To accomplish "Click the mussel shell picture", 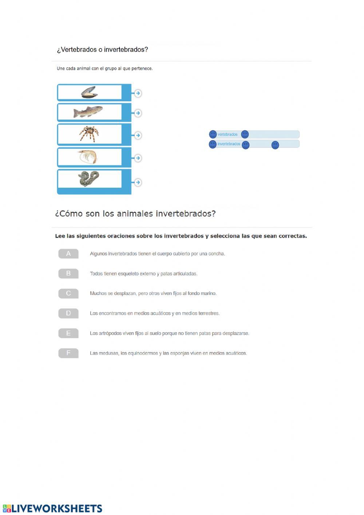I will (89, 93).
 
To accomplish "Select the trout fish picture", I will (88, 112).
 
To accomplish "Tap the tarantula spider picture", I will (89, 134).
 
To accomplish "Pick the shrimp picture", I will (88, 157).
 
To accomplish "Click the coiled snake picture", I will (88, 179).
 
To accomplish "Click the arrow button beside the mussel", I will (138, 93).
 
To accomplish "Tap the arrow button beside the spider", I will (138, 135).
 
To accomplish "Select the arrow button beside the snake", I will (138, 182).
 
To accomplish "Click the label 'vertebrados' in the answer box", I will (227, 134).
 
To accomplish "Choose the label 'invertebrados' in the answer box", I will (229, 144).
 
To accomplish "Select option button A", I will (68, 254).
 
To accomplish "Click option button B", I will (68, 273).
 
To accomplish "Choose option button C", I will (68, 293).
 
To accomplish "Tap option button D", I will (68, 313).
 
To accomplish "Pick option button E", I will (68, 333).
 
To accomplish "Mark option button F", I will (68, 353).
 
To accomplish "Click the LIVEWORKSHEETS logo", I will (53, 508).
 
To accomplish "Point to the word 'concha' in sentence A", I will (217, 254).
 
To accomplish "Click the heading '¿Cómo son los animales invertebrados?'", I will (135, 214).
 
